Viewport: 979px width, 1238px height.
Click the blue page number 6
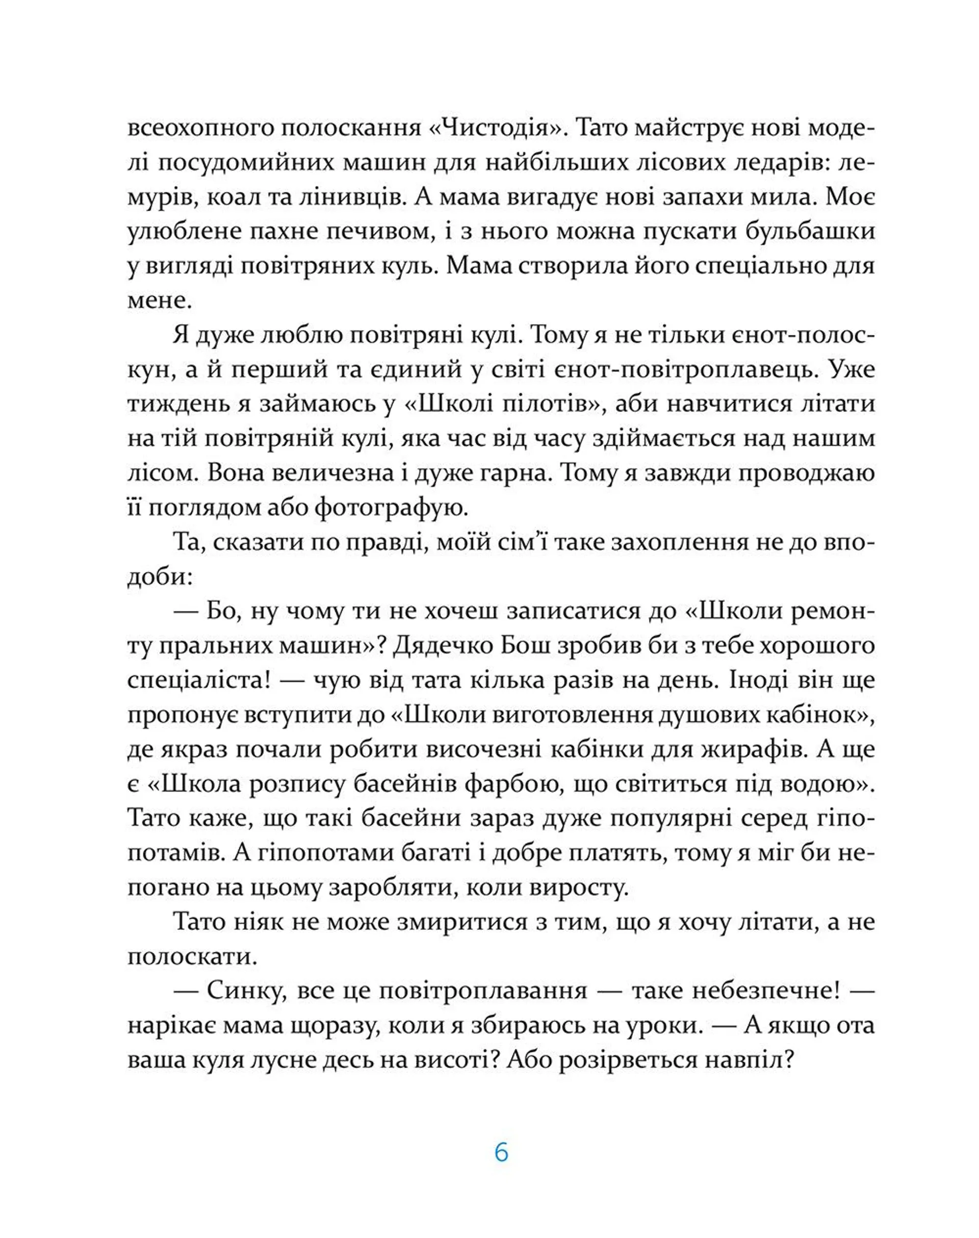(x=501, y=1153)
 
